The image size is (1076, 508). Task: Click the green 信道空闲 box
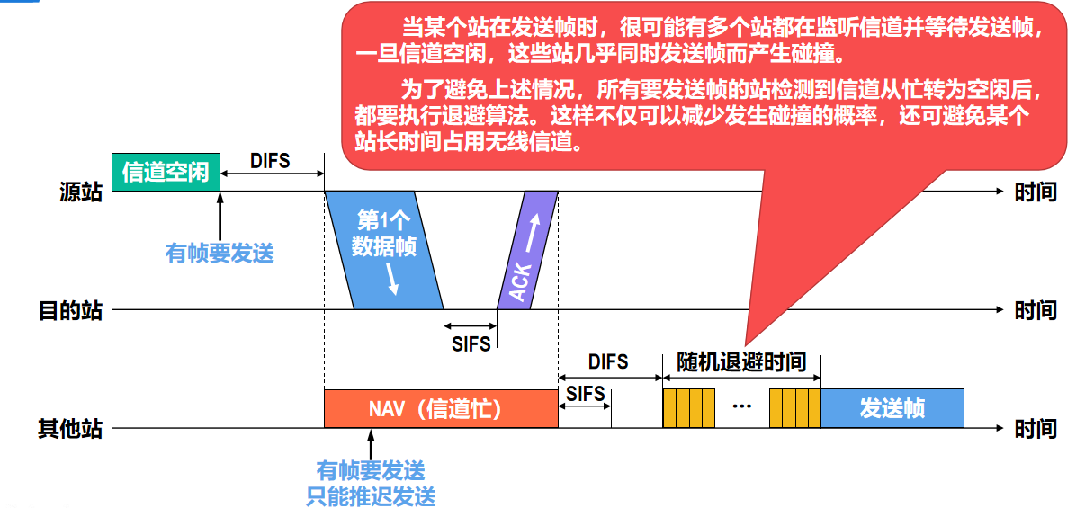(166, 171)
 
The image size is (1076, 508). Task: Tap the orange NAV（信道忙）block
(441, 408)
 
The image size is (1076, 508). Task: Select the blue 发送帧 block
(892, 408)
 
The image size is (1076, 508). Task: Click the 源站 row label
(81, 192)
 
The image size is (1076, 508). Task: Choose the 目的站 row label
(70, 311)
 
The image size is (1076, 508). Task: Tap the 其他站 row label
(70, 429)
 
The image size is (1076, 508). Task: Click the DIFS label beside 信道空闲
(270, 161)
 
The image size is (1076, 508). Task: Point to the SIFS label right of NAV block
(586, 394)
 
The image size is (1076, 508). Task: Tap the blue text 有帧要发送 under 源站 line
(220, 254)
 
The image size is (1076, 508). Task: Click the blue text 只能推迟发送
(371, 495)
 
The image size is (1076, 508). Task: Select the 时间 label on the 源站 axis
(1035, 192)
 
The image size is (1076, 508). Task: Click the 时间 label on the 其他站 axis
(1035, 429)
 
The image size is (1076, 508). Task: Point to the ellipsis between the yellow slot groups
(741, 407)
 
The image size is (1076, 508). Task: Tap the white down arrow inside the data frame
(392, 281)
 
